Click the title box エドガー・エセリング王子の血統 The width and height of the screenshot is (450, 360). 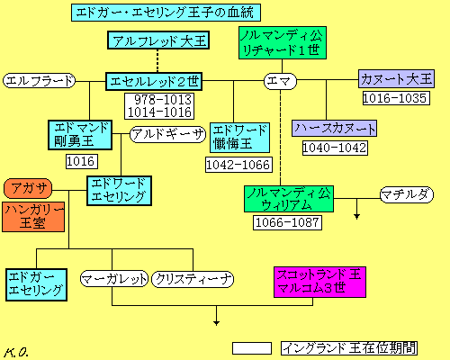(x=166, y=13)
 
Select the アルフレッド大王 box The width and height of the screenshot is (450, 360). (x=158, y=40)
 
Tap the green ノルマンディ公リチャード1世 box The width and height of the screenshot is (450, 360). (x=283, y=42)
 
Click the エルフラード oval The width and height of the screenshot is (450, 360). (x=39, y=81)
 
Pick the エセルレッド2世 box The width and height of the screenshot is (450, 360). (x=154, y=81)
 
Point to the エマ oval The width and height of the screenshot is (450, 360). (x=280, y=81)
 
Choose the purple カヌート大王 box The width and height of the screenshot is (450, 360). (x=396, y=79)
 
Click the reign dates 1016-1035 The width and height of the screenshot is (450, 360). (x=396, y=98)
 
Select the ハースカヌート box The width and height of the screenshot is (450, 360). (x=334, y=129)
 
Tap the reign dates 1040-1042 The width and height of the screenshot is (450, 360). (x=335, y=148)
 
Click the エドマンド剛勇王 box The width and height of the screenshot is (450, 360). (x=80, y=135)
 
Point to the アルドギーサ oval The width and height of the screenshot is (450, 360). (x=167, y=134)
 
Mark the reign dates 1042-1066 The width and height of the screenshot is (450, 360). (x=238, y=165)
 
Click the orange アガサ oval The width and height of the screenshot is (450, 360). (x=28, y=188)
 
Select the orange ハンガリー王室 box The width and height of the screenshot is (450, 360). (x=33, y=217)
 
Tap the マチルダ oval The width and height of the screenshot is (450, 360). (x=407, y=194)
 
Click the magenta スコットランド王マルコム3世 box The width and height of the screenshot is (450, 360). (x=319, y=282)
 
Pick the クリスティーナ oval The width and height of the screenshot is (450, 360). (x=193, y=279)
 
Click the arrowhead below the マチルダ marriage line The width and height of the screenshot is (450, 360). (x=356, y=217)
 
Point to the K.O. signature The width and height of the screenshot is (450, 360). (x=16, y=352)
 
